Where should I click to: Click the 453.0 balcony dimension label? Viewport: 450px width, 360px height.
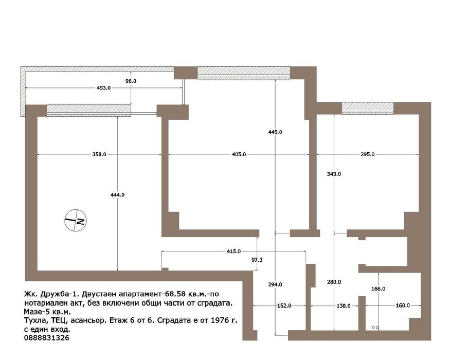click(103, 88)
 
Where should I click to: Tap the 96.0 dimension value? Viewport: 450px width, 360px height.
click(131, 81)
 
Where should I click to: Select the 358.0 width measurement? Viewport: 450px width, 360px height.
click(99, 154)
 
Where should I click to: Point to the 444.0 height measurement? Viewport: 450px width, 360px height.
click(117, 194)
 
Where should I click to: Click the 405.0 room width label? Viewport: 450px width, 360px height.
click(239, 154)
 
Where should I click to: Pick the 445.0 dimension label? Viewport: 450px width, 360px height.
click(275, 132)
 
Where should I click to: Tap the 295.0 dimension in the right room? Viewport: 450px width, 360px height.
click(367, 154)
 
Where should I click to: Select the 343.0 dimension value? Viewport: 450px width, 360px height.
click(334, 174)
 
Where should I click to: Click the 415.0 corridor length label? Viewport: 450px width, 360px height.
click(233, 251)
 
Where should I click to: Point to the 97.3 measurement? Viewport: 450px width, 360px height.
click(257, 260)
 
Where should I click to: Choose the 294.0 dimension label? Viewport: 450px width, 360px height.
click(275, 284)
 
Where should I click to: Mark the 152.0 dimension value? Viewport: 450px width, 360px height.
click(284, 305)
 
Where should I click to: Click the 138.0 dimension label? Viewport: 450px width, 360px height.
click(343, 305)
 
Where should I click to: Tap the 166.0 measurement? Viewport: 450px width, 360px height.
click(378, 289)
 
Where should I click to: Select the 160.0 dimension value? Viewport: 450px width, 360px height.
click(402, 305)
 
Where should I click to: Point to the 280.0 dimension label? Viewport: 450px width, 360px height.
click(334, 282)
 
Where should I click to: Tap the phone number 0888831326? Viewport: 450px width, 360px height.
click(46, 337)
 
